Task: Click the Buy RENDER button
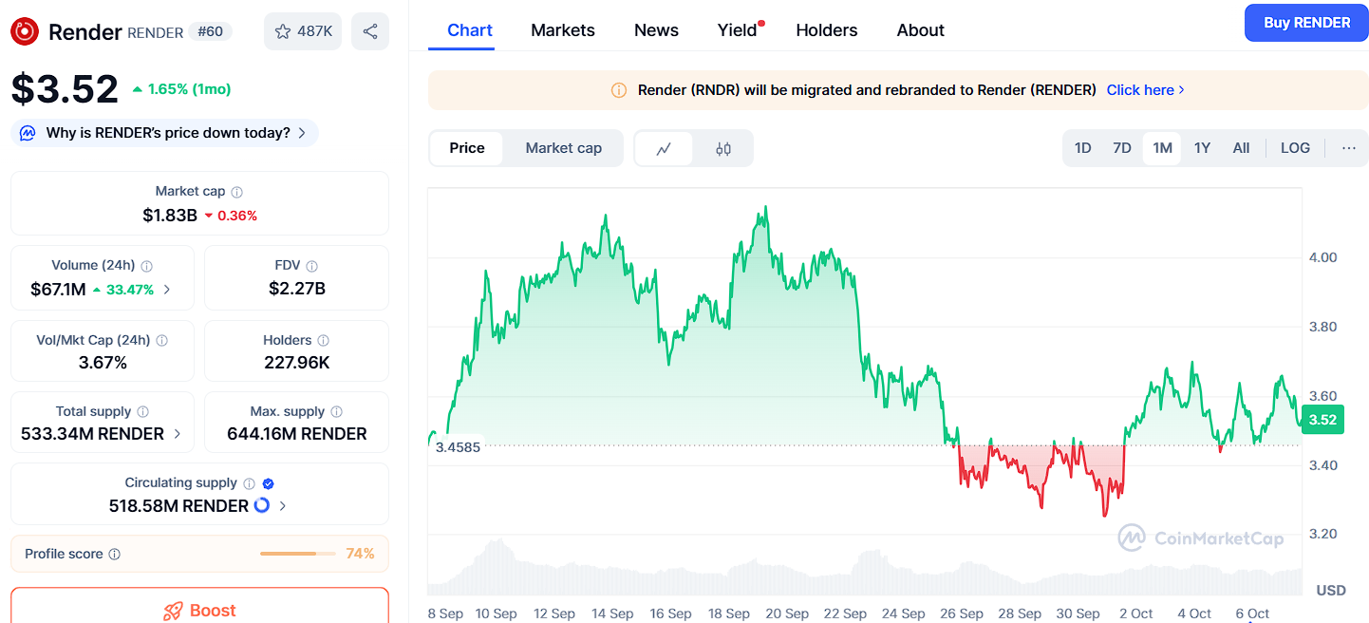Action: click(1306, 23)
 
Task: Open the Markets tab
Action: click(563, 30)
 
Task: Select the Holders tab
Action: click(826, 30)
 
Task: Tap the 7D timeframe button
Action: click(1122, 148)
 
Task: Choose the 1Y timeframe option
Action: click(1202, 148)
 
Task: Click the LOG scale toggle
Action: click(1295, 148)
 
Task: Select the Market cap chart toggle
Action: click(563, 148)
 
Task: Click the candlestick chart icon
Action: click(723, 148)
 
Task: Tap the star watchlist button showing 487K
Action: click(303, 31)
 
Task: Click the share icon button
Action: click(370, 31)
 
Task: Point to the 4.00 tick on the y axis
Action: click(1322, 257)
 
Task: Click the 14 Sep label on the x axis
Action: click(612, 614)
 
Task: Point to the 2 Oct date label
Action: click(1135, 614)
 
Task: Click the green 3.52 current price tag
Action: click(1322, 420)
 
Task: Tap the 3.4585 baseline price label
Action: click(458, 446)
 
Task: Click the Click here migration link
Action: click(1145, 90)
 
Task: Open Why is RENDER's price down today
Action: click(168, 133)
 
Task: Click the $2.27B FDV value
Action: click(297, 289)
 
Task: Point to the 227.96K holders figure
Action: click(297, 362)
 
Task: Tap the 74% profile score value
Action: click(360, 554)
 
